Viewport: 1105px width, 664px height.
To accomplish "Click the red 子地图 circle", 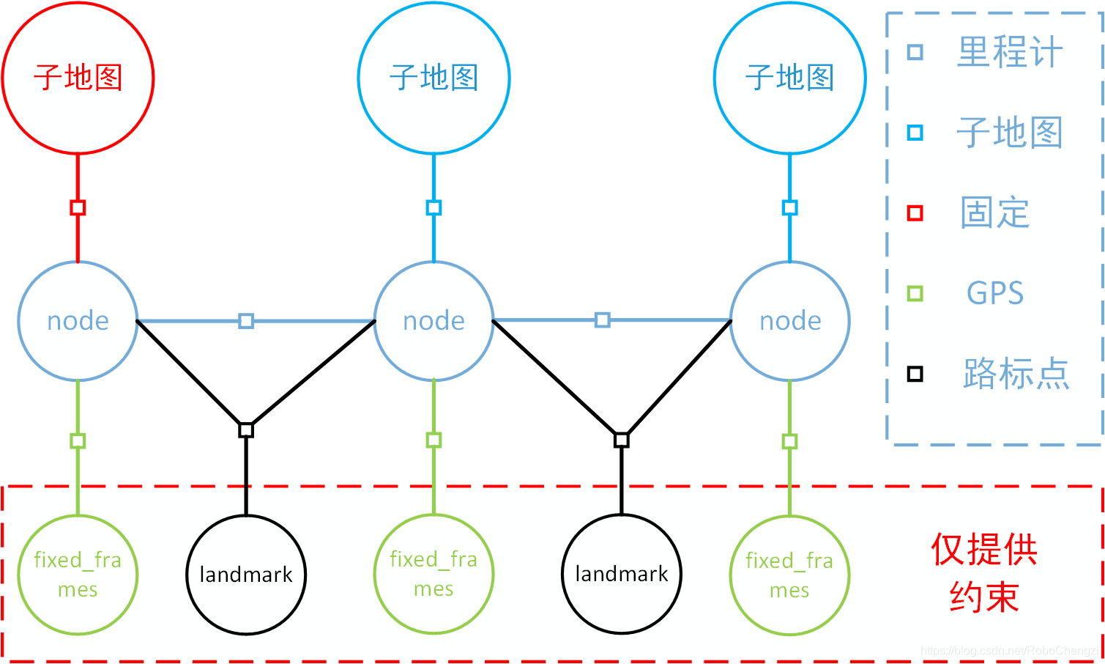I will click(x=78, y=78).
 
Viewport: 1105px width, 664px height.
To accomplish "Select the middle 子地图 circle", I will click(x=434, y=78).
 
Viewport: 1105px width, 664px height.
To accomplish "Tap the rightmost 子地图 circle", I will click(x=789, y=78).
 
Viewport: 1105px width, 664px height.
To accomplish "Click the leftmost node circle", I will click(x=78, y=321).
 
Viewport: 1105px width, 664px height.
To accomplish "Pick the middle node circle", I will click(x=434, y=321).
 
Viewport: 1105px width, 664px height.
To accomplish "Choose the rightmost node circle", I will click(x=789, y=321).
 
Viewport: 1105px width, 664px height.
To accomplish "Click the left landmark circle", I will click(x=246, y=575).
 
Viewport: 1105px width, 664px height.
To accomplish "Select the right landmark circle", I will click(x=621, y=574).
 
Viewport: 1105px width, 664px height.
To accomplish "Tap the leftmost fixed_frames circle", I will click(x=78, y=575).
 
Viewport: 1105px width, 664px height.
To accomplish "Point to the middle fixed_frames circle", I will click(x=434, y=574).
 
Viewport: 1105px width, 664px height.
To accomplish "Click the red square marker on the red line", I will click(x=78, y=208).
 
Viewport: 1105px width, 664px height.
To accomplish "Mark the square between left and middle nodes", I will click(x=246, y=321).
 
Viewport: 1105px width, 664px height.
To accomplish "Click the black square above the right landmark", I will click(x=621, y=440).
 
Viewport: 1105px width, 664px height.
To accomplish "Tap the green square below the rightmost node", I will click(x=789, y=441).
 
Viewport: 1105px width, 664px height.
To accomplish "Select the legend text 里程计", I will click(x=1009, y=53).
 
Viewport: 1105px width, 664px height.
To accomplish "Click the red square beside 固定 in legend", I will click(x=915, y=213).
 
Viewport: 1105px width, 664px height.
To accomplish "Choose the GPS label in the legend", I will click(x=994, y=293).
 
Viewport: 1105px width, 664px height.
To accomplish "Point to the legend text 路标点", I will click(x=1016, y=374).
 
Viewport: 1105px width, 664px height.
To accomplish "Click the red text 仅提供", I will click(x=984, y=550).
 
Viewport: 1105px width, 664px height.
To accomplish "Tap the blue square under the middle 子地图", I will click(x=434, y=208).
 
